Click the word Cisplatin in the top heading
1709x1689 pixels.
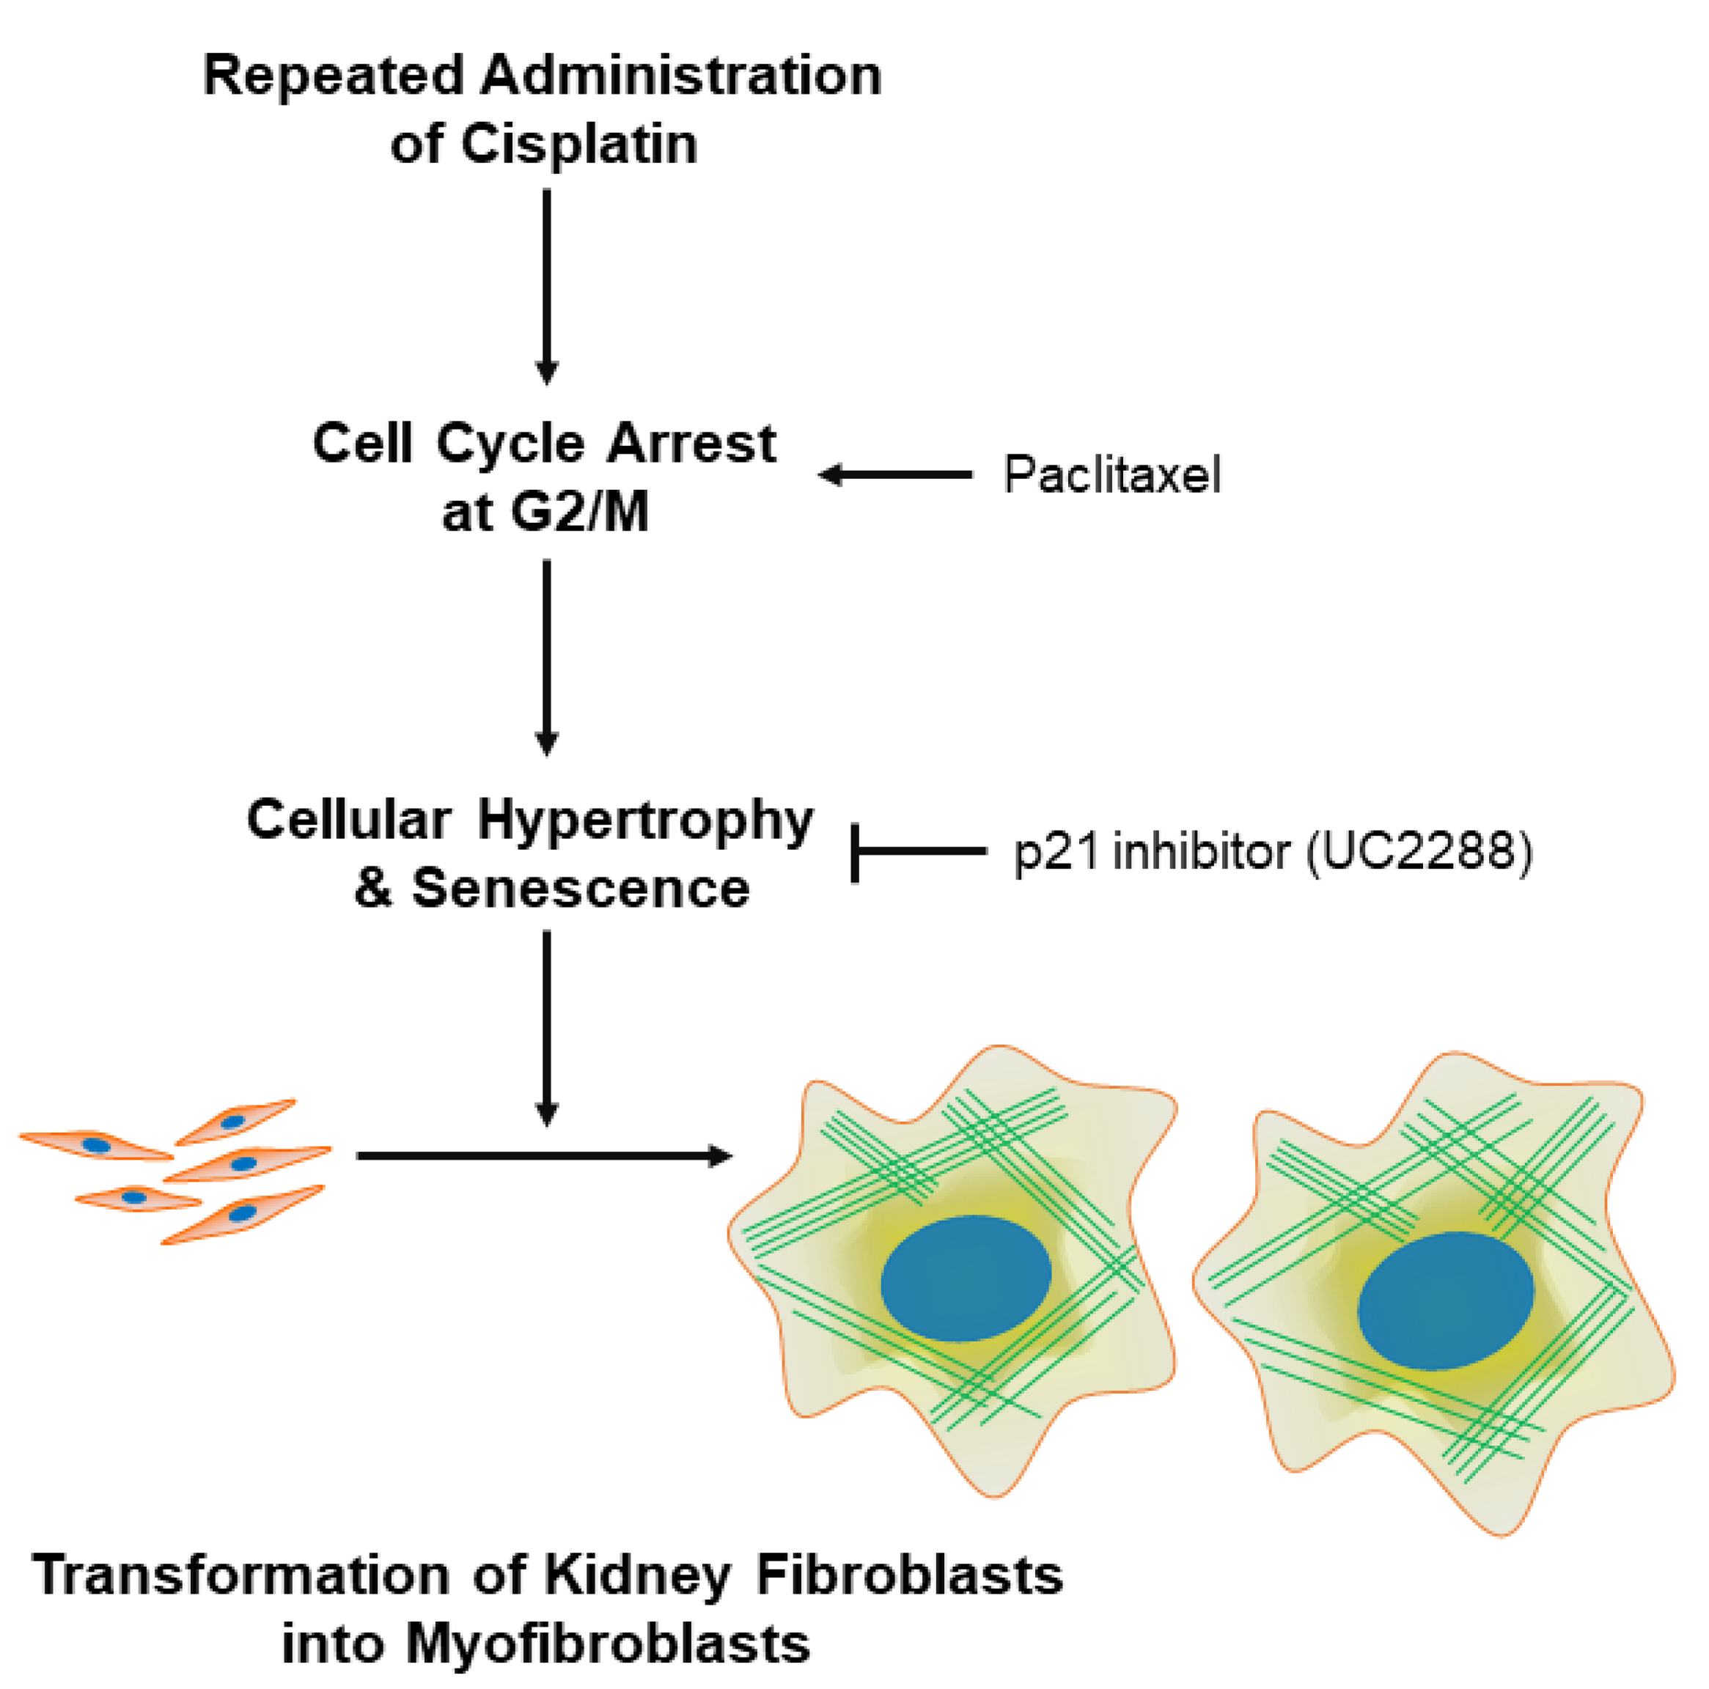(578, 144)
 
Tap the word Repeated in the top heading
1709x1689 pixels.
(334, 76)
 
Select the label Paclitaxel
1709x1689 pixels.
(1112, 475)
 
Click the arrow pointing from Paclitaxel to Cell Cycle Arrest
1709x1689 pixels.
(894, 475)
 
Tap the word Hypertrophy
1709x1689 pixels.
(645, 820)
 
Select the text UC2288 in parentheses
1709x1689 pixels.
(1418, 852)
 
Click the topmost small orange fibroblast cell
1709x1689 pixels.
(235, 1122)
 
